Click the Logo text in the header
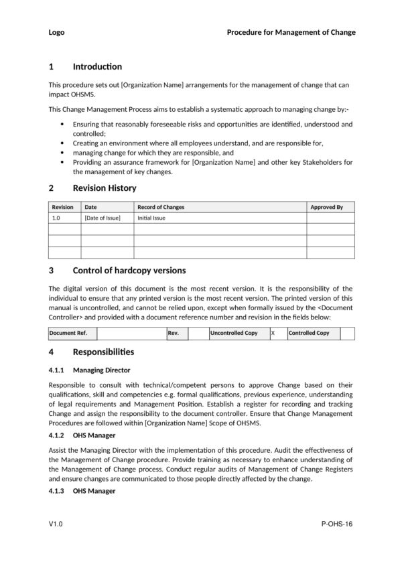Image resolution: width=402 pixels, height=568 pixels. pyautogui.click(x=57, y=32)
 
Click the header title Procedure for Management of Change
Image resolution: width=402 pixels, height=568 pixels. pyautogui.click(x=291, y=32)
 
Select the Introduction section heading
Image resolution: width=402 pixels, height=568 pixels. pyautogui.click(x=97, y=66)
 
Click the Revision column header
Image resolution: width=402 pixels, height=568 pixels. pyautogui.click(x=63, y=208)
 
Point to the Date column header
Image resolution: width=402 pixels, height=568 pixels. pyautogui.click(x=90, y=208)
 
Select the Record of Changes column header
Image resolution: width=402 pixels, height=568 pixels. pyautogui.click(x=161, y=208)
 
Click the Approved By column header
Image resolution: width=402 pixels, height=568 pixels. pyautogui.click(x=326, y=208)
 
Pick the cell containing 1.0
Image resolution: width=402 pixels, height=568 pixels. pyautogui.click(x=56, y=218)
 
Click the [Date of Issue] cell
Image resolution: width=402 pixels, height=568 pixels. pyautogui.click(x=103, y=218)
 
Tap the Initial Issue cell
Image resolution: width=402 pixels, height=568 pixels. pyautogui.click(x=151, y=218)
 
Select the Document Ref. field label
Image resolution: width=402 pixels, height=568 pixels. pyautogui.click(x=68, y=333)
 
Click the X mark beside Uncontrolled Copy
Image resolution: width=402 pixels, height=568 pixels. pyautogui.click(x=273, y=333)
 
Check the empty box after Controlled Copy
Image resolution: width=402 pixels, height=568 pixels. pyautogui.click(x=347, y=333)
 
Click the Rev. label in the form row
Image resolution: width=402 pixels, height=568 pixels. pyautogui.click(x=173, y=333)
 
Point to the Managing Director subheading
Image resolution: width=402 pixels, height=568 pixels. pyautogui.click(x=101, y=370)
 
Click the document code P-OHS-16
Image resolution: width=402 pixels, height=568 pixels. pyautogui.click(x=336, y=524)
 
